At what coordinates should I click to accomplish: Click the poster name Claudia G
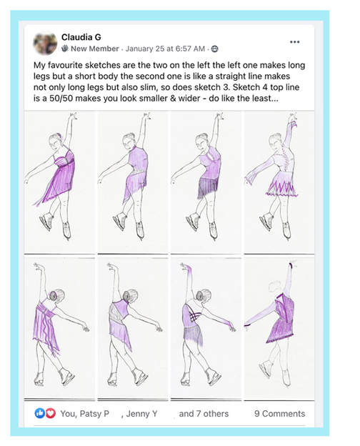point(81,37)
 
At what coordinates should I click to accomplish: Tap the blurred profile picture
point(45,43)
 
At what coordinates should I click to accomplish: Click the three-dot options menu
point(294,41)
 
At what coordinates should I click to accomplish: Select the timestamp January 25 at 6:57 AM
point(165,49)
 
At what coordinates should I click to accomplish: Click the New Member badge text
point(95,49)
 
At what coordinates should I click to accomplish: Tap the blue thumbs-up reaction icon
point(39,413)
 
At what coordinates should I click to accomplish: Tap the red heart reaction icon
point(51,413)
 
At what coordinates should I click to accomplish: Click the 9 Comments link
point(279,414)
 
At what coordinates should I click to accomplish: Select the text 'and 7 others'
point(204,414)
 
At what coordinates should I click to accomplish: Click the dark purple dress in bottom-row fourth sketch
point(281,319)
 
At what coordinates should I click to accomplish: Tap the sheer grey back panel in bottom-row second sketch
point(114,312)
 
